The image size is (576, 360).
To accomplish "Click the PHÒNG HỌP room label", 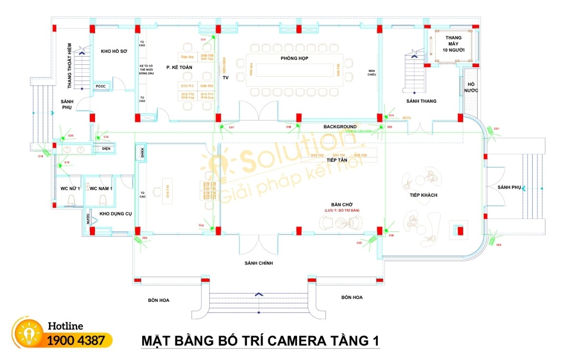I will (x=294, y=58).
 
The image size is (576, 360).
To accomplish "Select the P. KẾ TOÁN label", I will (x=179, y=68).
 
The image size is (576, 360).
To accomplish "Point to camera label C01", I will (x=497, y=129).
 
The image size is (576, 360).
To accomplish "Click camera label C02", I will (x=499, y=245).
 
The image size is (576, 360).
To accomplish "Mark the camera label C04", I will (x=144, y=238).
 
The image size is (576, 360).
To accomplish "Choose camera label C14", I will (x=41, y=156).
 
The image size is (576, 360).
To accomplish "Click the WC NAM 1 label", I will (x=101, y=189).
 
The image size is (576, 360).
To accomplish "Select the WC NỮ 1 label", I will (x=70, y=189).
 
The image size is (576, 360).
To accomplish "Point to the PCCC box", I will (x=101, y=86).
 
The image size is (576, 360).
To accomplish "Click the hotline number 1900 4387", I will (x=76, y=341).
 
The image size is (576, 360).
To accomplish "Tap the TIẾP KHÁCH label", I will (x=423, y=195).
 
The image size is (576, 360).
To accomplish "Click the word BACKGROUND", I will (x=340, y=127).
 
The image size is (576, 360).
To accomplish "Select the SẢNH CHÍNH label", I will (x=259, y=263).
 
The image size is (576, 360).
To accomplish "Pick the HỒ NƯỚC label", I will (x=471, y=87).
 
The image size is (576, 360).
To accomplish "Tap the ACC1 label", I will (x=407, y=117).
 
